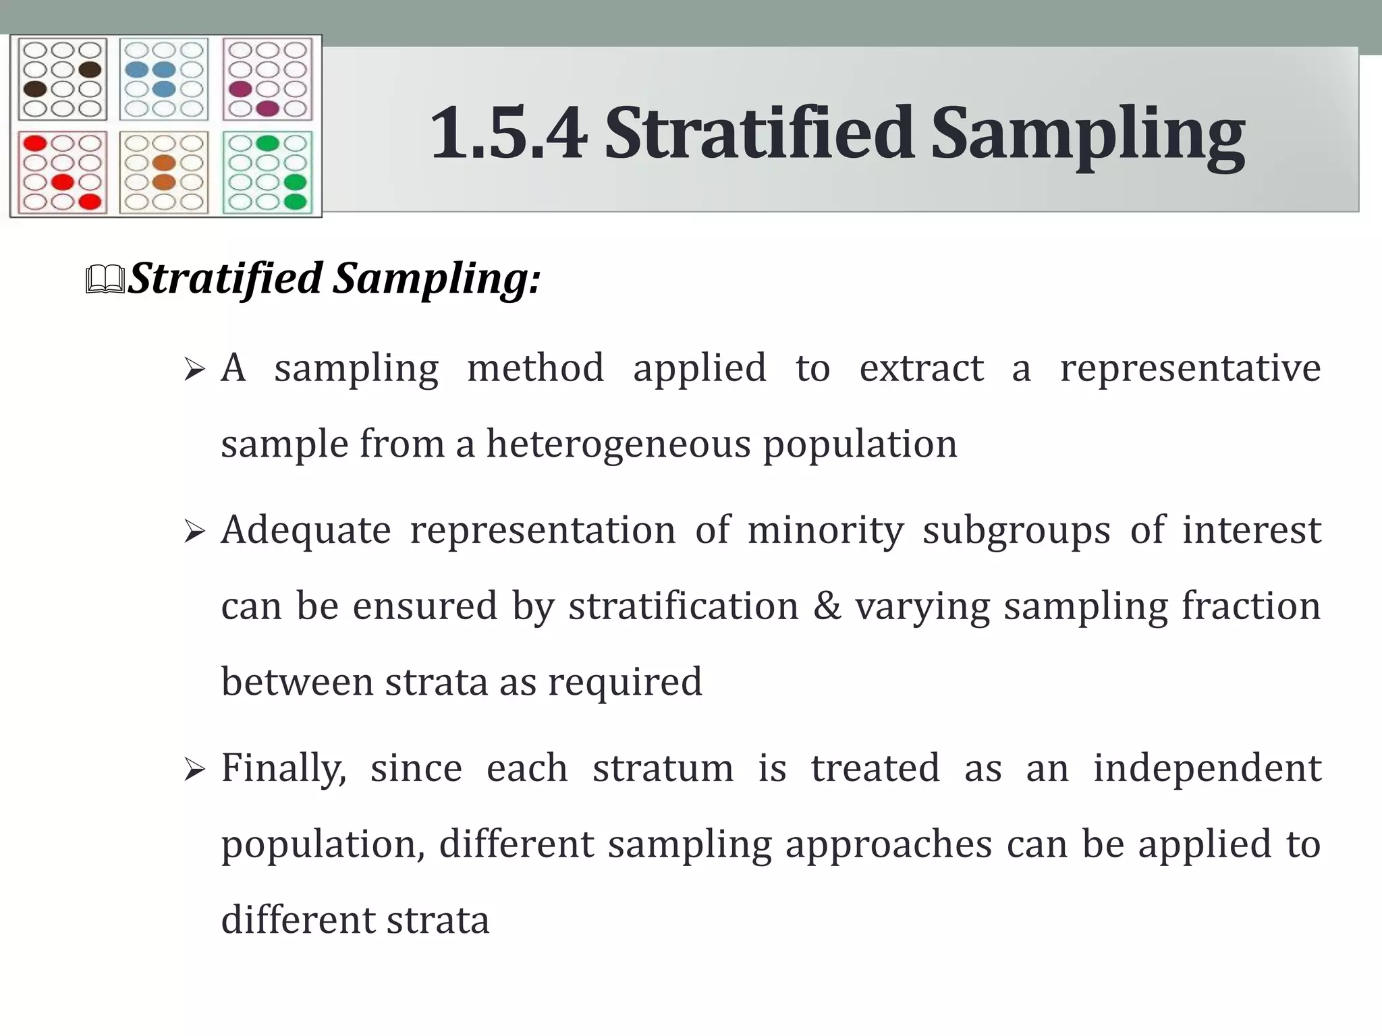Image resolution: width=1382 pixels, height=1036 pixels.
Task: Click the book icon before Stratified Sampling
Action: (x=105, y=280)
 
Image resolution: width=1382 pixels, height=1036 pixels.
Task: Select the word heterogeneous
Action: (x=618, y=444)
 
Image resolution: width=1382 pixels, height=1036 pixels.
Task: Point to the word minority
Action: (x=825, y=530)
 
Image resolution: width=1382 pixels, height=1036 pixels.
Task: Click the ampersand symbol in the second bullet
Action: (x=827, y=606)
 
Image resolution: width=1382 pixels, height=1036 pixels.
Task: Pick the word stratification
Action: (x=684, y=606)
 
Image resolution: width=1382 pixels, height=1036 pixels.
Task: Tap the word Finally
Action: (x=283, y=769)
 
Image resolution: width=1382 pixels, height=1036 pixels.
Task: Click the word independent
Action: (x=1207, y=768)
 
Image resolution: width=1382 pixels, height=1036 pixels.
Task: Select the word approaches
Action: (x=889, y=844)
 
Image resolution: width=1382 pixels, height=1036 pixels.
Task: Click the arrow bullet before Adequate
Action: (x=194, y=533)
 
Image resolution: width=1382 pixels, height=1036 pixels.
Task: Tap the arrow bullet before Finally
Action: (x=194, y=770)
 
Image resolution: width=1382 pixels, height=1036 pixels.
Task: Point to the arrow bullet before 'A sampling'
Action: (x=194, y=370)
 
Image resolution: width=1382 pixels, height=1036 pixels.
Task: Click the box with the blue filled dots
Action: (x=164, y=79)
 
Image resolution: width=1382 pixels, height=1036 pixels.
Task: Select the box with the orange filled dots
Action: (x=164, y=173)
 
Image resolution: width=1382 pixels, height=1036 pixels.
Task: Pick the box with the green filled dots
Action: (x=268, y=173)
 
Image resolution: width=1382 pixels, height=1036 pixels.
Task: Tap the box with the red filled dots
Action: (x=63, y=173)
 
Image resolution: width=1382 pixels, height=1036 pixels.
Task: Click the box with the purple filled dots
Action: (x=268, y=79)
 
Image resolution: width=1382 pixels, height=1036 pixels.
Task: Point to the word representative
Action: (x=1190, y=369)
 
